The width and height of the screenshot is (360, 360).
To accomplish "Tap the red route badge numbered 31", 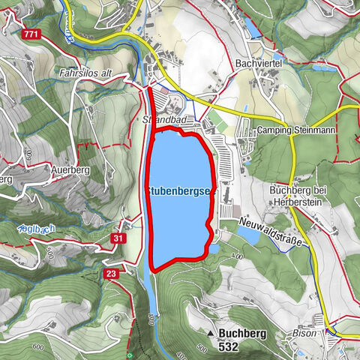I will click(x=118, y=238).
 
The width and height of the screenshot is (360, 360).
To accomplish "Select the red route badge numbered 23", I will click(x=111, y=274).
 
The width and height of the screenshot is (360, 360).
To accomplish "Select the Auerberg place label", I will click(x=70, y=169).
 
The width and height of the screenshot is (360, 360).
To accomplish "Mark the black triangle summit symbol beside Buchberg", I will click(x=210, y=331).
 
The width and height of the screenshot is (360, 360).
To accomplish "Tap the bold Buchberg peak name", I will click(x=238, y=332).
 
